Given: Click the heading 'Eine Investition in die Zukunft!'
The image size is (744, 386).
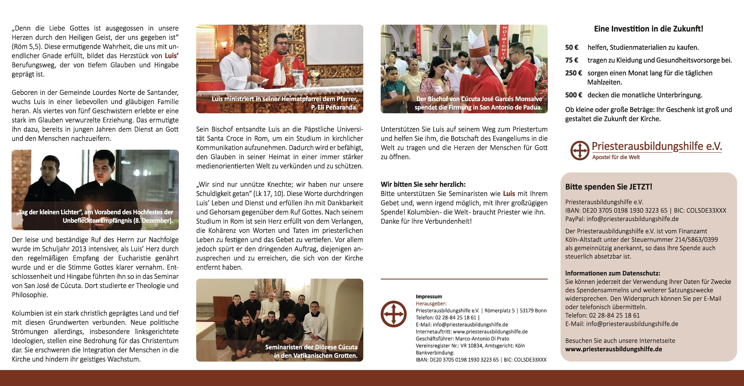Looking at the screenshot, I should (648, 29).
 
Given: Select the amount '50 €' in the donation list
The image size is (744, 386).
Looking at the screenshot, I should (572, 47).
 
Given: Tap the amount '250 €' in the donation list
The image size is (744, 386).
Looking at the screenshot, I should (573, 73).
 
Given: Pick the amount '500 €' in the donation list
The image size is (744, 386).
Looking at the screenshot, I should (573, 95).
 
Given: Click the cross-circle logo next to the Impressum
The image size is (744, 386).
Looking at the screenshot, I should (393, 314).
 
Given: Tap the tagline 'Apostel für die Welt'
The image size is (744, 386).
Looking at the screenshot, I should (616, 157).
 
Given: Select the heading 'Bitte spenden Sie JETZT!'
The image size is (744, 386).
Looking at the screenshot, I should (609, 187).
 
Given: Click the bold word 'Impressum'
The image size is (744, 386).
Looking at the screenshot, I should (429, 296).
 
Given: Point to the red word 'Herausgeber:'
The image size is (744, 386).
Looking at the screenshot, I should (431, 303).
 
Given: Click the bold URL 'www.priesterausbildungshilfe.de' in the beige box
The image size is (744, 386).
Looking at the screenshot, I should (613, 349).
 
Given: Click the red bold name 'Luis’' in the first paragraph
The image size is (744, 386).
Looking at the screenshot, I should (172, 56).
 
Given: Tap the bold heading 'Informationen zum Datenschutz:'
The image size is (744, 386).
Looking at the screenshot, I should (612, 273).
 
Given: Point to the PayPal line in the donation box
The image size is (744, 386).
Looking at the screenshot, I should (622, 219).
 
